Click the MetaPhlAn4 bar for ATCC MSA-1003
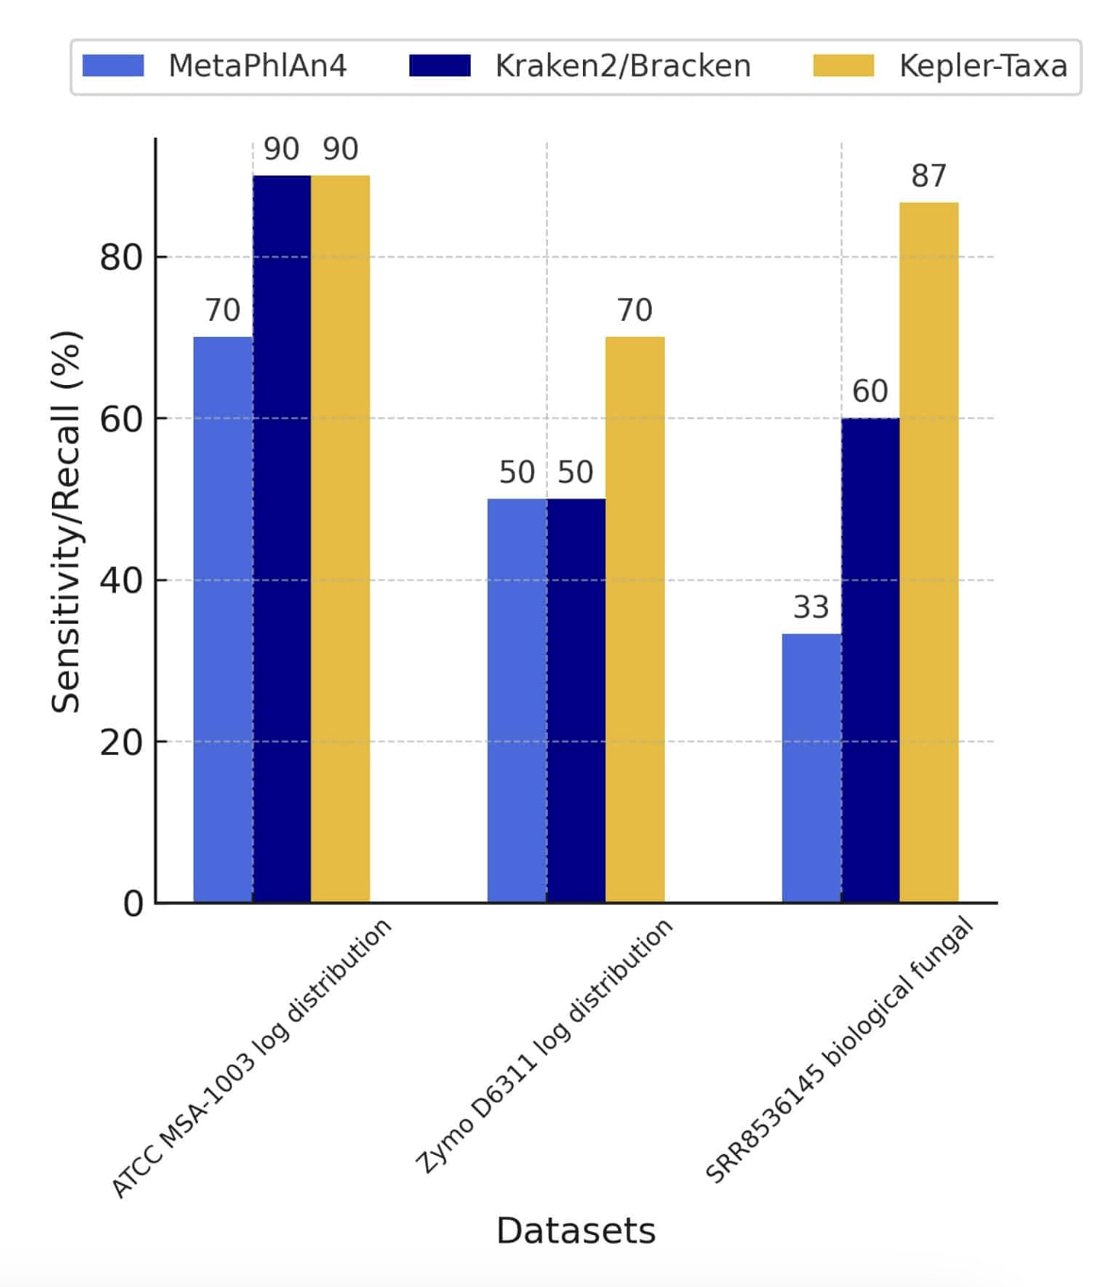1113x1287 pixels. click(x=223, y=619)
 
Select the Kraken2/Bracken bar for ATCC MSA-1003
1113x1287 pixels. click(x=281, y=538)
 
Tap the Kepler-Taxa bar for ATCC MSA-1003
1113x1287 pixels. click(x=341, y=538)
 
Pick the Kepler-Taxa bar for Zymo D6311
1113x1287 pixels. click(x=635, y=619)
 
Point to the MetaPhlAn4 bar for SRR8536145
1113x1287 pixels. click(x=811, y=768)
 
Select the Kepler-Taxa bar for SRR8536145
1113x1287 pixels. click(x=929, y=552)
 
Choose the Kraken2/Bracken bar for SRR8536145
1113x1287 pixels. click(x=870, y=660)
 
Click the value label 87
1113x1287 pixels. click(x=929, y=176)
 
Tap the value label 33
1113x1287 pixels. click(x=811, y=608)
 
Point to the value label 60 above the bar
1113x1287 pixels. click(x=870, y=392)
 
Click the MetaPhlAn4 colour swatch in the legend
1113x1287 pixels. click(x=113, y=66)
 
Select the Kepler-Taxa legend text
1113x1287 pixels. click(x=983, y=66)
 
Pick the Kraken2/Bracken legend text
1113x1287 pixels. click(x=623, y=66)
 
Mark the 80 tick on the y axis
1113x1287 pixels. click(x=121, y=258)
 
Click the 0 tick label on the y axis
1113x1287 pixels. click(x=133, y=904)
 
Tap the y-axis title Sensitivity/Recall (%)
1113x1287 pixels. click(x=66, y=522)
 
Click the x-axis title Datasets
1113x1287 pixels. click(x=575, y=1231)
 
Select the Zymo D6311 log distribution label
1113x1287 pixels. click(x=545, y=1045)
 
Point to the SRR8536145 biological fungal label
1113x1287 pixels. click(x=839, y=1049)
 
